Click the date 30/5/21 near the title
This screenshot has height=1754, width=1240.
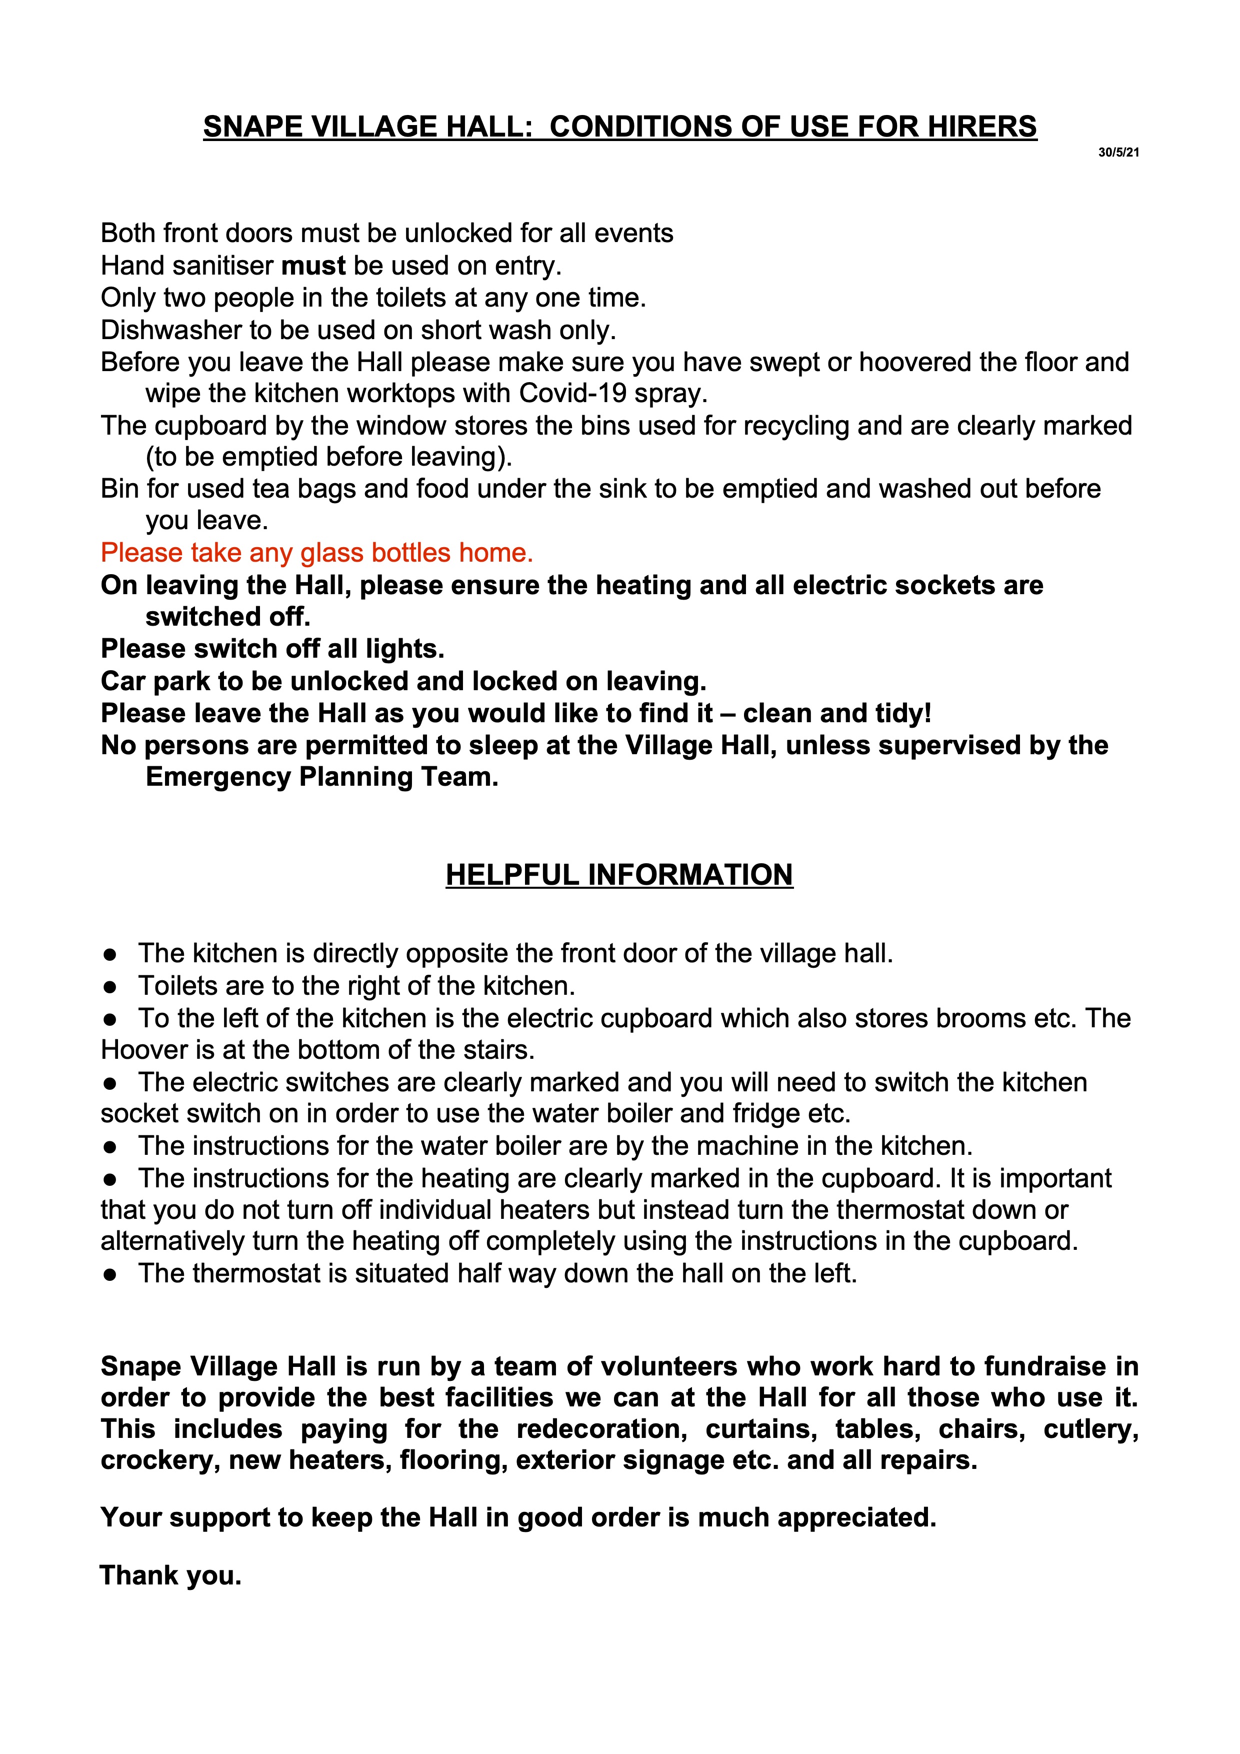coord(1118,153)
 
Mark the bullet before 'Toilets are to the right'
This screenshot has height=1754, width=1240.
coord(110,987)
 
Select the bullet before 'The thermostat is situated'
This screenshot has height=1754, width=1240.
coord(110,1274)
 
